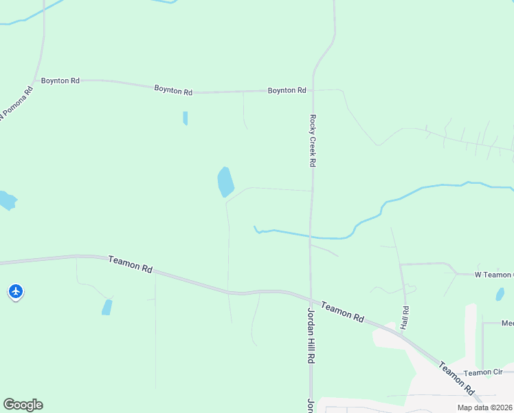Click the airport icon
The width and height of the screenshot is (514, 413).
pos(16,292)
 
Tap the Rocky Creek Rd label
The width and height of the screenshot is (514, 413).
pos(312,140)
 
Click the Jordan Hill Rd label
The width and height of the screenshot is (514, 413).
pos(311,335)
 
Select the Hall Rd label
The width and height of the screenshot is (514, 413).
pos(405,317)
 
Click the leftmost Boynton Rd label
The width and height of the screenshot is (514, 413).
pos(60,81)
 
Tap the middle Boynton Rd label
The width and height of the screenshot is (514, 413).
pos(173,89)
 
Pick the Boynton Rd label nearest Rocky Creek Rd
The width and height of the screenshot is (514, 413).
pos(287,90)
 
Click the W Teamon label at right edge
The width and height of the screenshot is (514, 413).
pos(494,275)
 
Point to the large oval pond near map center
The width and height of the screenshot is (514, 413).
pos(225,182)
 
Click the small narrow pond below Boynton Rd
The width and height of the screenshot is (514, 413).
pos(185,118)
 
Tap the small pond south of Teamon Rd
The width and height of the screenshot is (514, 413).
pos(107,307)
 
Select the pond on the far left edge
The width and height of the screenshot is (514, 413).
pos(6,200)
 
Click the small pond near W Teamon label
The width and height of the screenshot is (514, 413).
pos(500,294)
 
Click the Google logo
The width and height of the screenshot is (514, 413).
pos(23,405)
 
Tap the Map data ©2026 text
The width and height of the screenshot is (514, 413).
pos(484,407)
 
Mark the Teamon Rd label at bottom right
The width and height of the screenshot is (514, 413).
pos(458,379)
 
